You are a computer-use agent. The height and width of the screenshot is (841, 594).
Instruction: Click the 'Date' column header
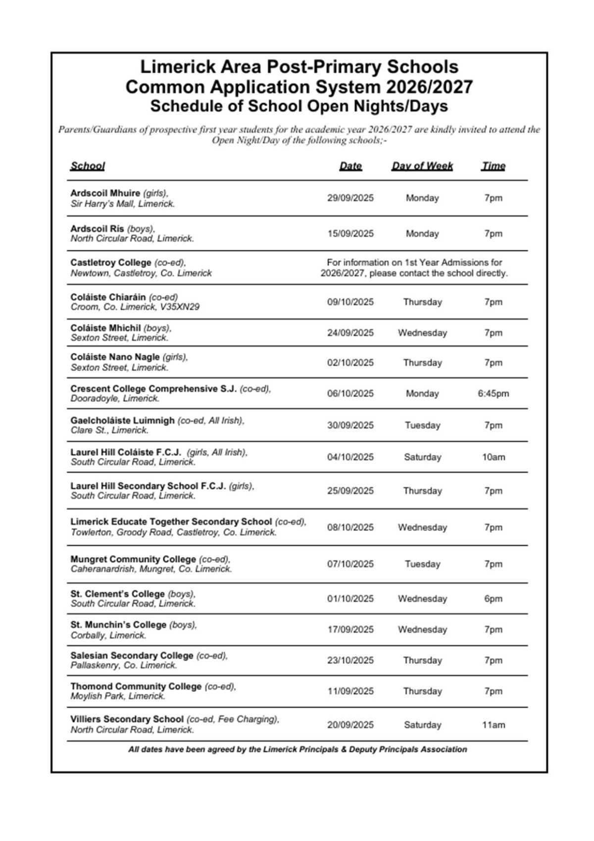point(350,166)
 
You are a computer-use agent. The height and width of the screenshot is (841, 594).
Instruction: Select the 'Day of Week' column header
point(422,166)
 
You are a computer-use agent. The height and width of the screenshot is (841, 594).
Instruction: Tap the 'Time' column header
point(493,166)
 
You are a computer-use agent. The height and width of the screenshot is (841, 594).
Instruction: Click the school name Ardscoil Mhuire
point(105,193)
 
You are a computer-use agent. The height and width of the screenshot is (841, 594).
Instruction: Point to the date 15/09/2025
point(350,233)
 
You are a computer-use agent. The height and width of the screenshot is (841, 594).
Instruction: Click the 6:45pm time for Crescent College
point(493,393)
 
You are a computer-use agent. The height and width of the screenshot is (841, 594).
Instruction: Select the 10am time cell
point(493,457)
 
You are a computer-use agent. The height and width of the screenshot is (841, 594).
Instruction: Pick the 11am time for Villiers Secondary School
point(493,725)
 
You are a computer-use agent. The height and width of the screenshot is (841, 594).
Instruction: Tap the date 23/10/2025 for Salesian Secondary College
point(350,660)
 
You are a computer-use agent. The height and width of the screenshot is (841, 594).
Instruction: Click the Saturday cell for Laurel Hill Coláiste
point(422,457)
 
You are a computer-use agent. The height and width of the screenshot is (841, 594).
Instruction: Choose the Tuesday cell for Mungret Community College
point(422,564)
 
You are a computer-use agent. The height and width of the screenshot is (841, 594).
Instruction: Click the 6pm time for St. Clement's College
point(493,599)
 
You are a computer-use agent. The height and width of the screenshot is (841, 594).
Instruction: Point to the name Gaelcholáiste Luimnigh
point(122,420)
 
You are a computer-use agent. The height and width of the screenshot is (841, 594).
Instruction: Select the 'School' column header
point(88,166)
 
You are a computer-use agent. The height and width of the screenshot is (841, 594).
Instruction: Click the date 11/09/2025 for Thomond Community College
point(350,691)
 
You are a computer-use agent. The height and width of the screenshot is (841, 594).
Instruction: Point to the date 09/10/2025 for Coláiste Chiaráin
point(350,302)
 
